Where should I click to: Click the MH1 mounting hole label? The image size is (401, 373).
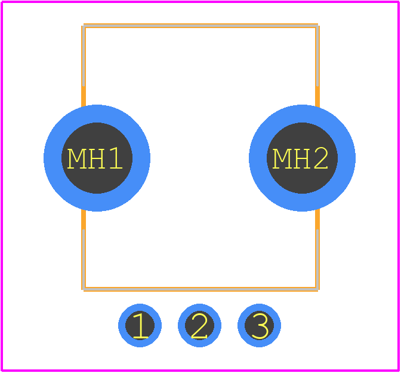pos(95,158)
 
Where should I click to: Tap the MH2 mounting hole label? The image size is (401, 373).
pos(300,158)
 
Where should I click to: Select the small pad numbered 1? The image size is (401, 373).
pos(140,325)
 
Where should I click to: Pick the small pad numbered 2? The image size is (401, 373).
pos(199,325)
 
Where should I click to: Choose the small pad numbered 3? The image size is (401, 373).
pos(260,325)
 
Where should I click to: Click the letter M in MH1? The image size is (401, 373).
pos(76,158)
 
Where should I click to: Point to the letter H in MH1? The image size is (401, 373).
pos(96,158)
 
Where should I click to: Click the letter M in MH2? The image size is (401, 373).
pos(282,158)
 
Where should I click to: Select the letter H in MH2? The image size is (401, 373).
pos(301,158)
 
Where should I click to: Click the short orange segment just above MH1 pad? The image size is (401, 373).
pos(84,96)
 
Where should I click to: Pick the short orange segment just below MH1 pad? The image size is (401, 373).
pos(84,219)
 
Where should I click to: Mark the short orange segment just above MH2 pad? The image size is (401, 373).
pos(317,96)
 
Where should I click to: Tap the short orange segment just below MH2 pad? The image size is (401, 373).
pos(317,219)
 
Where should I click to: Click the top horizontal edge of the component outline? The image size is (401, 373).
pos(200,26)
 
